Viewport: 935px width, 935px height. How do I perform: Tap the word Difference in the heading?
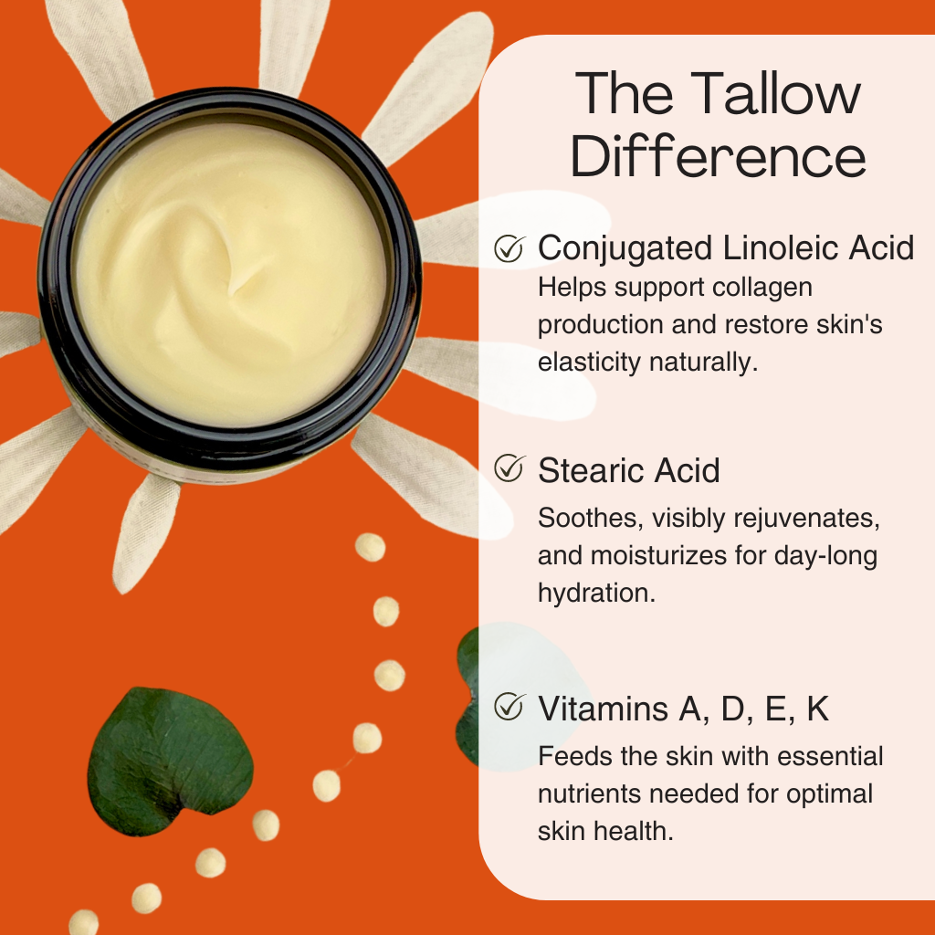pos(718,157)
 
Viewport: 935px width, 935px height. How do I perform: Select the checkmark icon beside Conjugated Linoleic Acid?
pos(509,248)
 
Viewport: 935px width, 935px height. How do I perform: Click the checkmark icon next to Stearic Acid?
pos(509,469)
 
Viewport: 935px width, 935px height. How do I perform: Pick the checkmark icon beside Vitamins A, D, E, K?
pos(509,708)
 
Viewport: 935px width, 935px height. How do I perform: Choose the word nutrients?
pos(595,794)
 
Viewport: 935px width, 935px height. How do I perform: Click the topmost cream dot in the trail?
pos(370,547)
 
